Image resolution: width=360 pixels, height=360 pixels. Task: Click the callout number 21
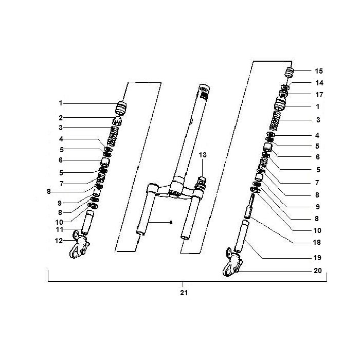tap(184, 293)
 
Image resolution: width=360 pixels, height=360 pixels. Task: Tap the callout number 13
tap(203, 155)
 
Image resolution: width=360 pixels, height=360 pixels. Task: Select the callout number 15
tap(318, 70)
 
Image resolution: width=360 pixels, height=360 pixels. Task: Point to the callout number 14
tap(318, 83)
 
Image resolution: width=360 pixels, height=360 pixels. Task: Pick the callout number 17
tap(318, 94)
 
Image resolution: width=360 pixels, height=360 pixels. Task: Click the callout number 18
tap(317, 242)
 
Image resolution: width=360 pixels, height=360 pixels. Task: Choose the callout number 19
tap(317, 257)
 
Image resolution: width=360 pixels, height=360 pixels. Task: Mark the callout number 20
tap(317, 271)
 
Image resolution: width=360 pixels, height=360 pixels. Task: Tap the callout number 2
tap(61, 118)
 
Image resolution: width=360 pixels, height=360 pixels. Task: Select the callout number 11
tap(60, 229)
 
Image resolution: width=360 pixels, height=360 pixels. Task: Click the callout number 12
tap(60, 240)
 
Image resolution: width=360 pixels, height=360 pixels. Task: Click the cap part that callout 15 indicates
tap(289, 71)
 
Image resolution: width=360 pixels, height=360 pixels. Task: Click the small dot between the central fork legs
tap(171, 222)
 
